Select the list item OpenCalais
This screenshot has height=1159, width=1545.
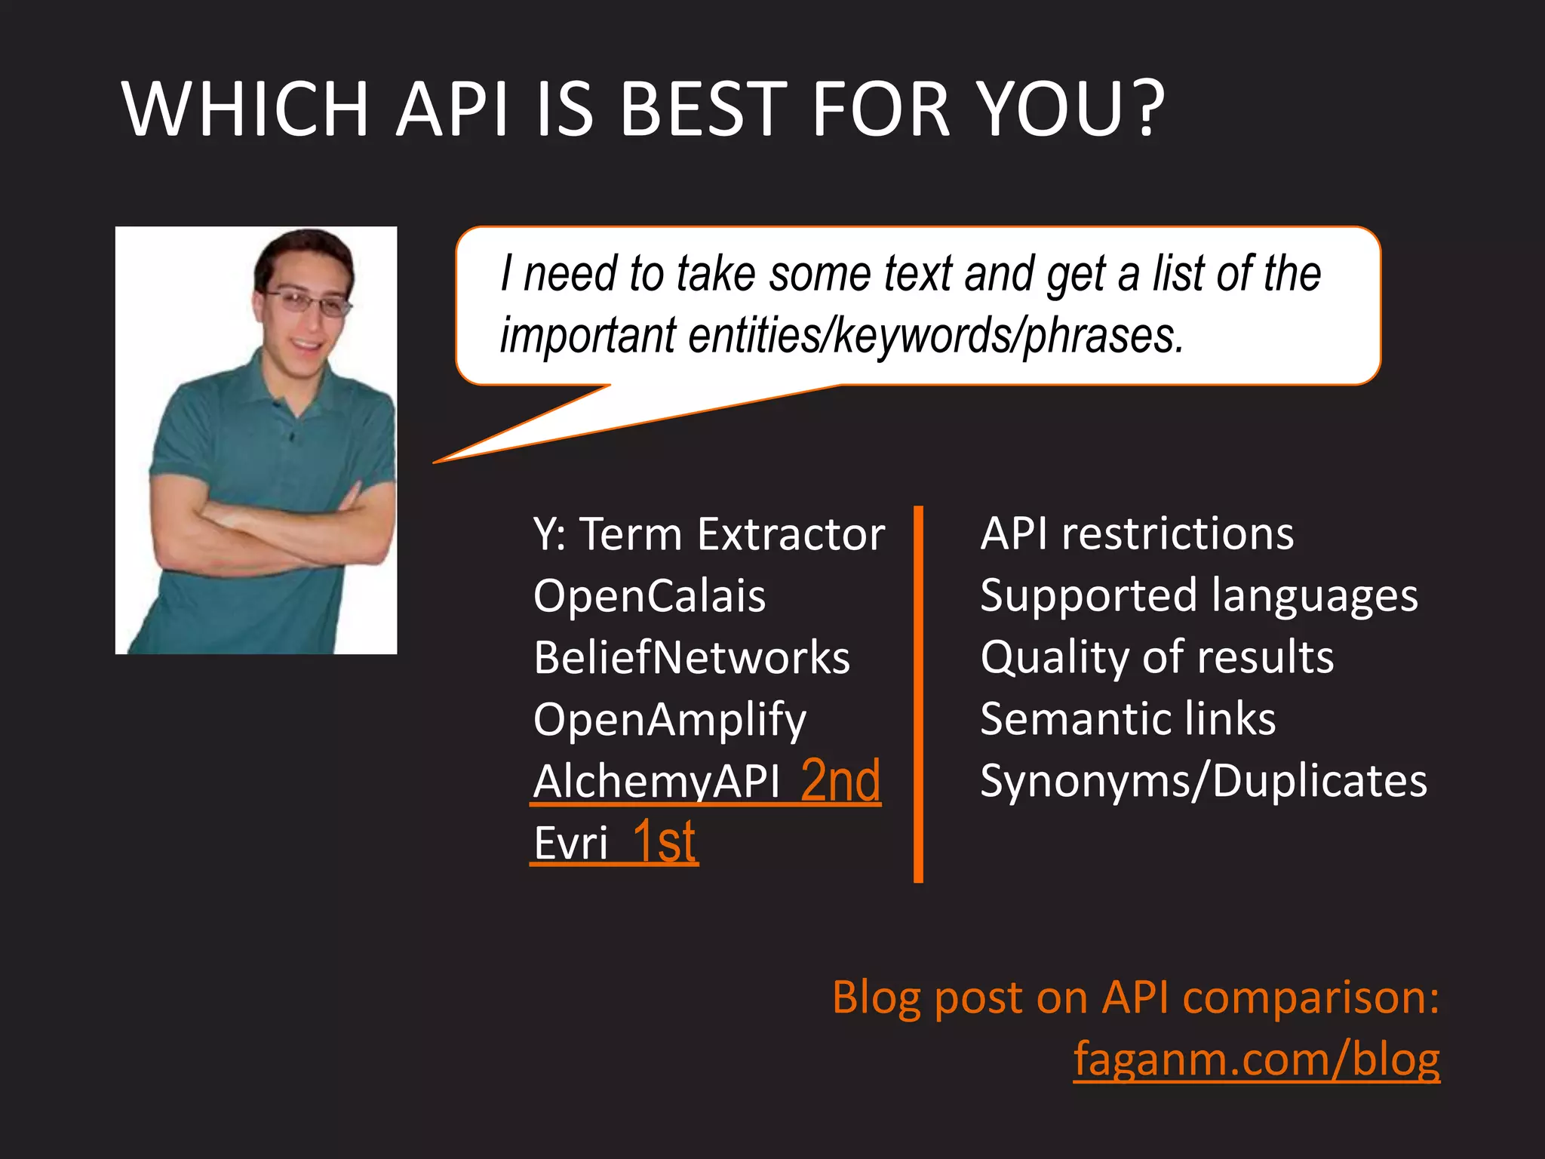[x=649, y=595]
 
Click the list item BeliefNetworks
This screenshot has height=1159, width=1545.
[x=691, y=657]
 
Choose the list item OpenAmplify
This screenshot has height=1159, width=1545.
[x=669, y=719]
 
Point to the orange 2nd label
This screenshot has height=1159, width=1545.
[x=840, y=780]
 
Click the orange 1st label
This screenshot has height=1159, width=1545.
[x=664, y=841]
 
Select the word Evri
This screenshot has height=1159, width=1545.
[x=570, y=843]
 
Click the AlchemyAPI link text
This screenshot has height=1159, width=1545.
[x=656, y=782]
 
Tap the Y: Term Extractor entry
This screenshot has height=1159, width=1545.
[x=708, y=534]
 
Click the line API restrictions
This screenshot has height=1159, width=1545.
[x=1136, y=534]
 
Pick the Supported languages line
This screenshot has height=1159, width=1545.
[x=1198, y=596]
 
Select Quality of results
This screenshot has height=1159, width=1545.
[x=1156, y=657]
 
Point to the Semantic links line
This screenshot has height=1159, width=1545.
[x=1128, y=719]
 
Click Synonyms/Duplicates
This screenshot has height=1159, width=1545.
[x=1203, y=780]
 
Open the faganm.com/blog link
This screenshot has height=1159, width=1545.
[x=1256, y=1059]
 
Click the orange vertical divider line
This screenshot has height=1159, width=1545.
[x=918, y=694]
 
